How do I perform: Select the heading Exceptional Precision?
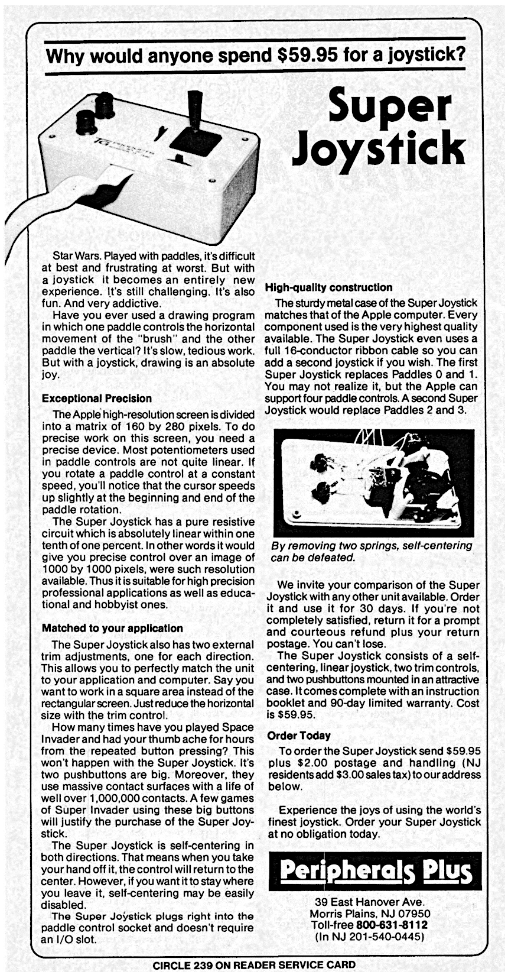[97, 399]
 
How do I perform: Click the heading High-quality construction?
[329, 287]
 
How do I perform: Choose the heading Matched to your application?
[112, 628]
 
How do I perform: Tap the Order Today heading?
[299, 736]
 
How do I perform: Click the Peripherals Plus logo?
[376, 871]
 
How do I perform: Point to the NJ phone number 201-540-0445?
[385, 937]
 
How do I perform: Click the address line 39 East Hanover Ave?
[370, 902]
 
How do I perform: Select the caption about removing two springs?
[371, 551]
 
